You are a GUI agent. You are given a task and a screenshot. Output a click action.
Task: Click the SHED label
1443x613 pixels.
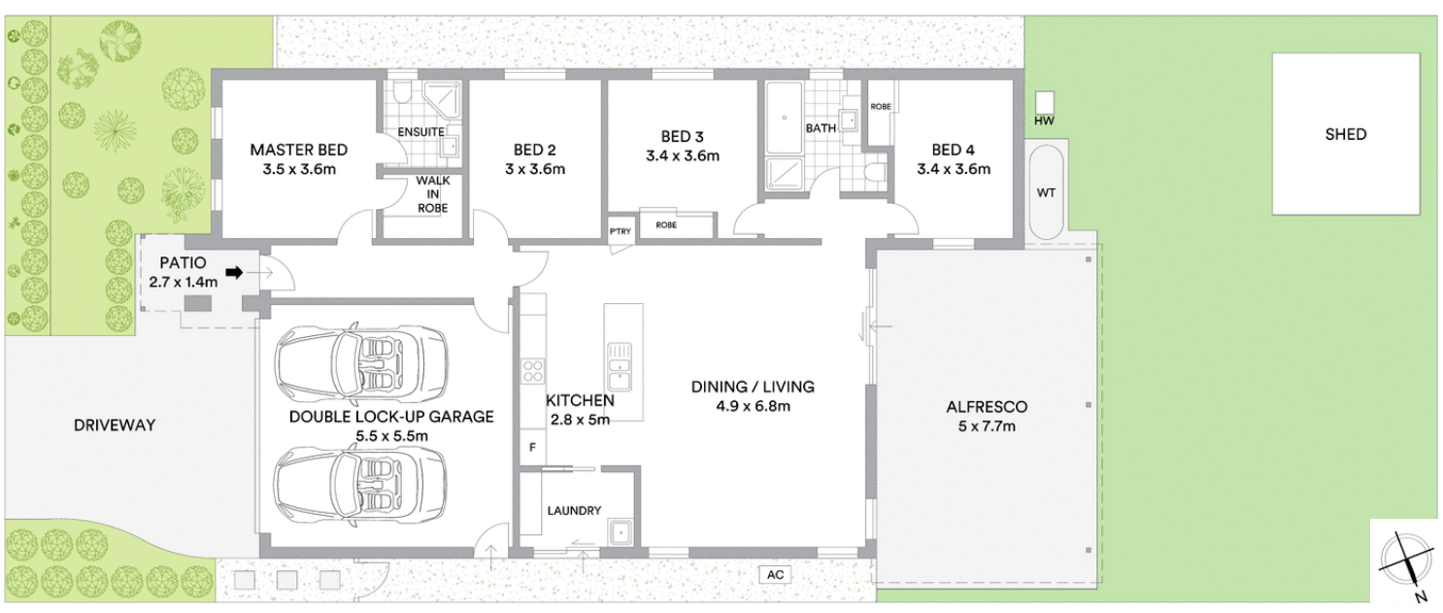pos(1345,134)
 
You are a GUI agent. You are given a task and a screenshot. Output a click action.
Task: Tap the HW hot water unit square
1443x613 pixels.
pos(1044,102)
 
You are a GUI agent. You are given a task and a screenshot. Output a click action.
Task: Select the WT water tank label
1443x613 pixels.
pos(1046,192)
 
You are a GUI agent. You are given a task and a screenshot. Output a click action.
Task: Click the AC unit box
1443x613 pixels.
pos(775,574)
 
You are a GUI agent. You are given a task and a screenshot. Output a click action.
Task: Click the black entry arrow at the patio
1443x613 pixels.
pos(234,273)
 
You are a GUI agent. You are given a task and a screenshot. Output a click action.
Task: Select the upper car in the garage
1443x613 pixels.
pos(361,361)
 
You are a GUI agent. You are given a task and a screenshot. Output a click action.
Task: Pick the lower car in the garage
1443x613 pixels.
pos(361,485)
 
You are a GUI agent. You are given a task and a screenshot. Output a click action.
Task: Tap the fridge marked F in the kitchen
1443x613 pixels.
pos(533,447)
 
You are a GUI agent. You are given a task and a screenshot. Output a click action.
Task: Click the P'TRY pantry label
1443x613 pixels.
pos(621,231)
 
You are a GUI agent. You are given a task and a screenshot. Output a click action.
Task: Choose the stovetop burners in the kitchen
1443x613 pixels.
pos(533,371)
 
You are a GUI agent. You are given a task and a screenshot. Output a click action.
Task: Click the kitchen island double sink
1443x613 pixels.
pos(620,366)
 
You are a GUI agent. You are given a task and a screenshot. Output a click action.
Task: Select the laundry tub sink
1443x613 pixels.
pos(621,532)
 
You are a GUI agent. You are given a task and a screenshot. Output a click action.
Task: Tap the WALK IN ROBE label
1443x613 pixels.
pos(433,194)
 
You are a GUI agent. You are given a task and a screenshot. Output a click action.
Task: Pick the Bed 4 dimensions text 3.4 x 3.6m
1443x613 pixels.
pos(954,169)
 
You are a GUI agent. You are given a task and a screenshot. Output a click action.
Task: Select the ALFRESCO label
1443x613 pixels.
pos(987,407)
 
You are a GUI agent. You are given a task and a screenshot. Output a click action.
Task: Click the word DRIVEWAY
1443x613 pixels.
pos(115,425)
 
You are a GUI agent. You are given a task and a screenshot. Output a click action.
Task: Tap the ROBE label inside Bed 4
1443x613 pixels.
pos(881,106)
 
